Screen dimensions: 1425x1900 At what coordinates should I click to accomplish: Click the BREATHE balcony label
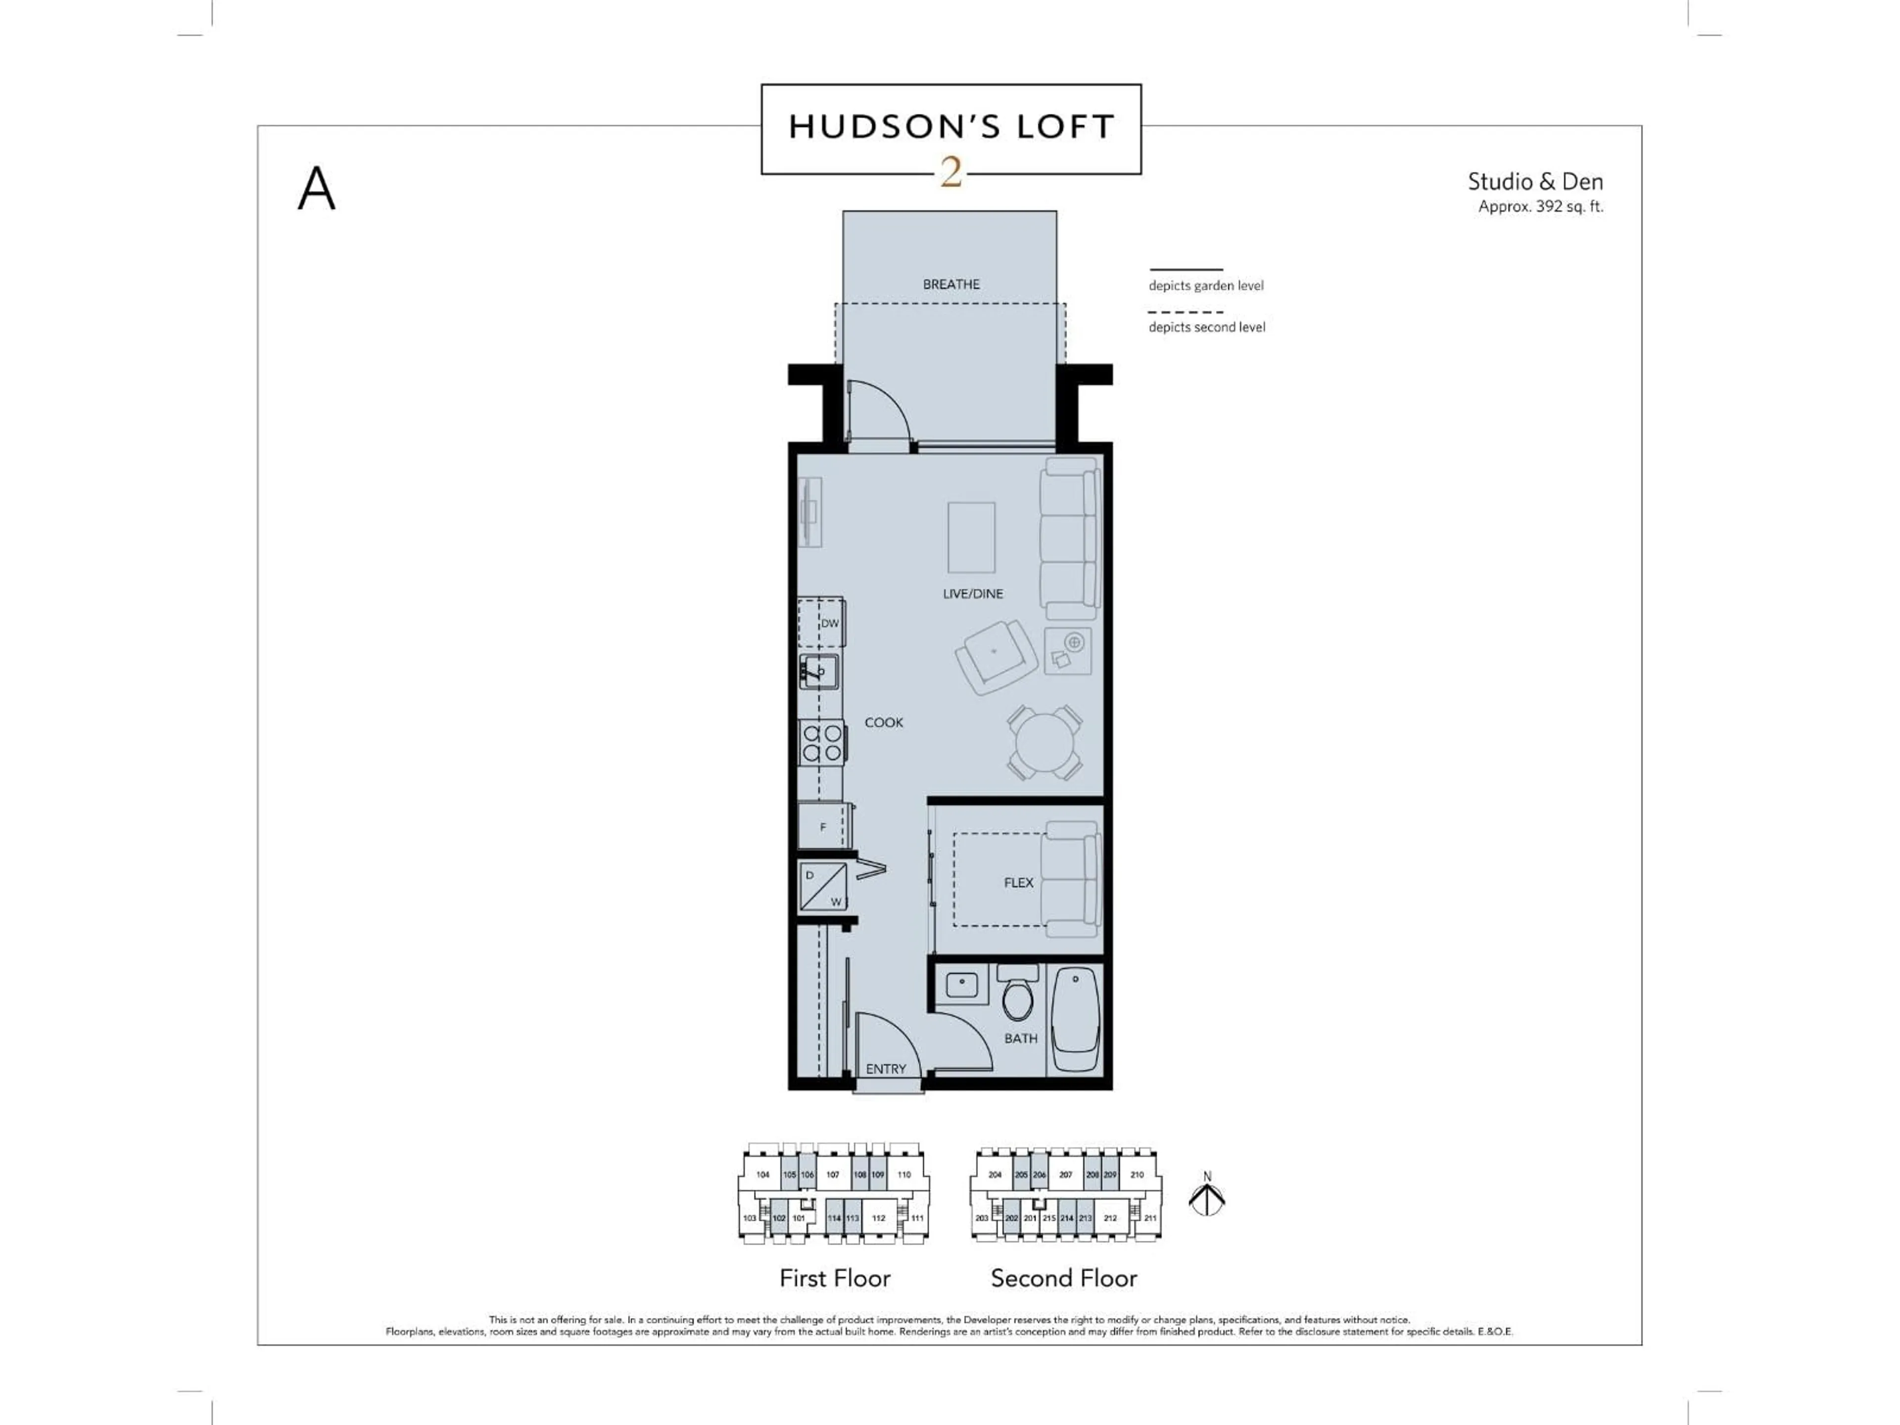(951, 285)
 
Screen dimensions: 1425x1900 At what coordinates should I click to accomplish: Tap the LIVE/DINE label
(972, 594)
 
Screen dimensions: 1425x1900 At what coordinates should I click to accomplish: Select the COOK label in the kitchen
(884, 722)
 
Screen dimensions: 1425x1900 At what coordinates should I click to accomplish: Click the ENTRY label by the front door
(886, 1069)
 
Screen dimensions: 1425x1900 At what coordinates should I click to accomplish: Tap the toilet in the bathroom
(1019, 997)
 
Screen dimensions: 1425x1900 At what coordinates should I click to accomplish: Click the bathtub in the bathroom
(1075, 1020)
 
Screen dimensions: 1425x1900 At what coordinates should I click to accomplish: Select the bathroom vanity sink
(962, 984)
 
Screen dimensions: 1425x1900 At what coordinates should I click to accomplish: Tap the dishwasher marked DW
(822, 623)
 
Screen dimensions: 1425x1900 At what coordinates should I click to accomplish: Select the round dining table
(1044, 742)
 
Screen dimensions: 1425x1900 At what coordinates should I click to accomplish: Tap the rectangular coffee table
(971, 538)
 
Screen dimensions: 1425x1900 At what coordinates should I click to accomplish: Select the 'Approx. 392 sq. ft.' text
(1540, 206)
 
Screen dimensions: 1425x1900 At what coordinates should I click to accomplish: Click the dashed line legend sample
(1186, 312)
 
